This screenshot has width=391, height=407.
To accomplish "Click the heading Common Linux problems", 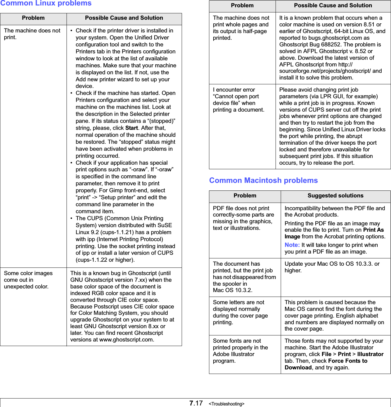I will point(46,3).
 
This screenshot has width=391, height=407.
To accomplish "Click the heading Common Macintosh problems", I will point(263,180).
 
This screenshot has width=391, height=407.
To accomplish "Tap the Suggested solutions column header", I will point(335,196).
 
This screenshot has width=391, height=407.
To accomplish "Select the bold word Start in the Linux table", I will point(132,128).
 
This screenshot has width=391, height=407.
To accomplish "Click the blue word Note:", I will point(292,245).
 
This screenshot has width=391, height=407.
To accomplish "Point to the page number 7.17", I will point(196,403).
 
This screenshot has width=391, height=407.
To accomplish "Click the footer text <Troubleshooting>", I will point(227,404).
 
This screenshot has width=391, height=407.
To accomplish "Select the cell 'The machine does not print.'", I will point(32,34).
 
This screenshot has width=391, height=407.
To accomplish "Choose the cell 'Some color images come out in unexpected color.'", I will point(28,280).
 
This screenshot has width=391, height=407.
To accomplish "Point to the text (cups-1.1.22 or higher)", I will point(105,260).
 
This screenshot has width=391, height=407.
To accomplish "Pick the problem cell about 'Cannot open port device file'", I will point(238,100).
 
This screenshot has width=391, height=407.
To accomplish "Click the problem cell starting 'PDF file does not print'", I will point(243,218).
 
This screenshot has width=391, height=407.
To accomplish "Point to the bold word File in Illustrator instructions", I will point(326,354).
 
